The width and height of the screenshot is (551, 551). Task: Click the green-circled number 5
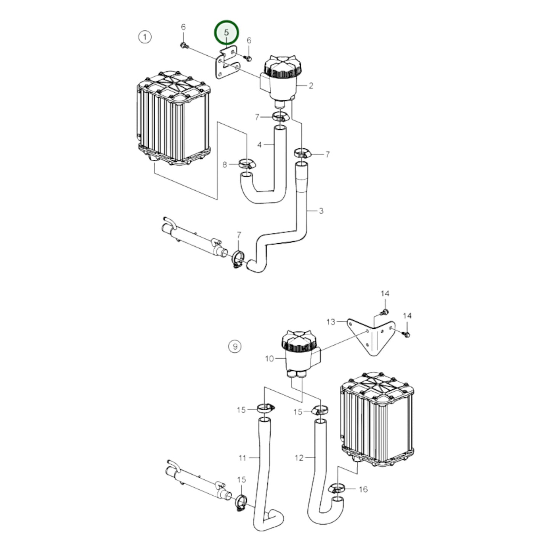(227, 32)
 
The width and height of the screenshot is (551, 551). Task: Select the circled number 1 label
(145, 37)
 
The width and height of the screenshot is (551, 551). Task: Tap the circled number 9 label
(235, 347)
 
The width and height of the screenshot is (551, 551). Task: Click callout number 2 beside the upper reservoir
(311, 85)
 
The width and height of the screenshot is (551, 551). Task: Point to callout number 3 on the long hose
(321, 211)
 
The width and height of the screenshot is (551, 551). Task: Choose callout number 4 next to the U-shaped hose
(259, 145)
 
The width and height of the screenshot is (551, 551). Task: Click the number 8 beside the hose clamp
(225, 165)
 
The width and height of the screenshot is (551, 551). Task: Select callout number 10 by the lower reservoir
(270, 358)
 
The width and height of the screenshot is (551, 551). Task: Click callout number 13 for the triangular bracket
(331, 322)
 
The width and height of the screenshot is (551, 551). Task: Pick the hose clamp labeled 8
(247, 164)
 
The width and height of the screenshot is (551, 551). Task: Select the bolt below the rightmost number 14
(406, 334)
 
